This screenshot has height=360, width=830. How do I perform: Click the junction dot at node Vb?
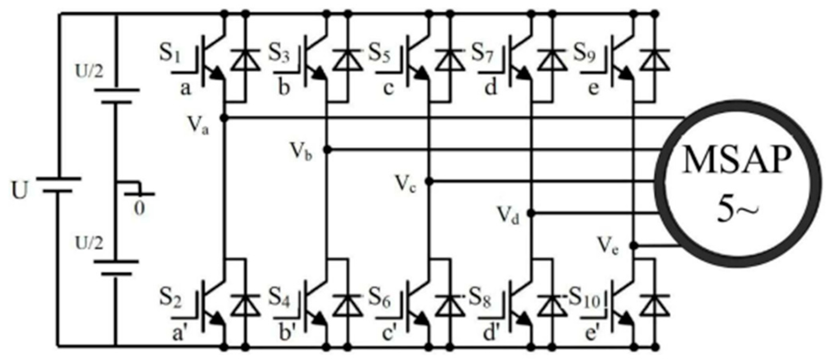coord(327,150)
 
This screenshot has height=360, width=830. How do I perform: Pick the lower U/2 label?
coord(89,243)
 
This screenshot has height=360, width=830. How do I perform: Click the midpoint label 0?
coord(138,208)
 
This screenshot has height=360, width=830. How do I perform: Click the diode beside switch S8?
coord(552,306)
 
